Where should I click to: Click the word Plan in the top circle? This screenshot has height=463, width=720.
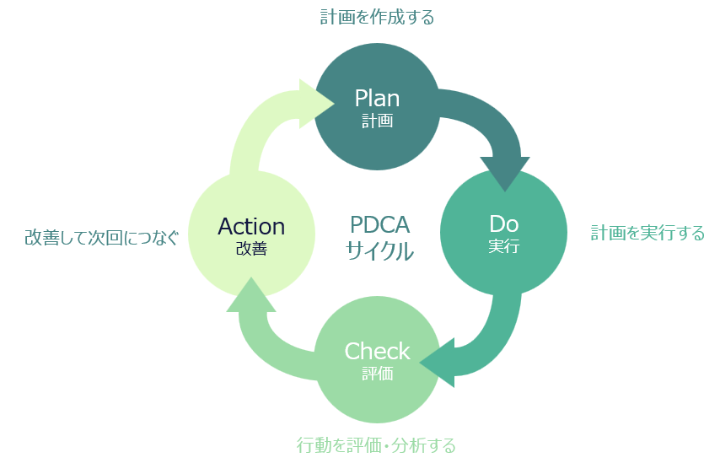[x=377, y=98]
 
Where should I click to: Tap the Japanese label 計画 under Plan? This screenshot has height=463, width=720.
[x=377, y=121]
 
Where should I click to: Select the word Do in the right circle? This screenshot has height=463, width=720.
[x=503, y=224]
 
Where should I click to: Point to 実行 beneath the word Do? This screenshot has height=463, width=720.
[x=503, y=247]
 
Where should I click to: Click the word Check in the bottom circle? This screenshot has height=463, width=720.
[x=377, y=351]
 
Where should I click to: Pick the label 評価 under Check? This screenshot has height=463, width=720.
[x=377, y=374]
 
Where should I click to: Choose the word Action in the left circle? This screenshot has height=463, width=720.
[x=251, y=226]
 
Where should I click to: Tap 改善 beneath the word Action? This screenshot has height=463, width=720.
[x=251, y=248]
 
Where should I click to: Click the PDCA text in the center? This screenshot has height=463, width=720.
[x=379, y=225]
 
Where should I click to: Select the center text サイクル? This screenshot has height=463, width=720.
[x=379, y=250]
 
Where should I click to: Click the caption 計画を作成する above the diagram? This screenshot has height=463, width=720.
[x=377, y=17]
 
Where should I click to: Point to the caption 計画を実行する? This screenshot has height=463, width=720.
[x=647, y=233]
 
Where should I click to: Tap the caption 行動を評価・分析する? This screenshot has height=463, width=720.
[x=376, y=444]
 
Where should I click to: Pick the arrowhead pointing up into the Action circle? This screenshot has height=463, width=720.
[x=251, y=296]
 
